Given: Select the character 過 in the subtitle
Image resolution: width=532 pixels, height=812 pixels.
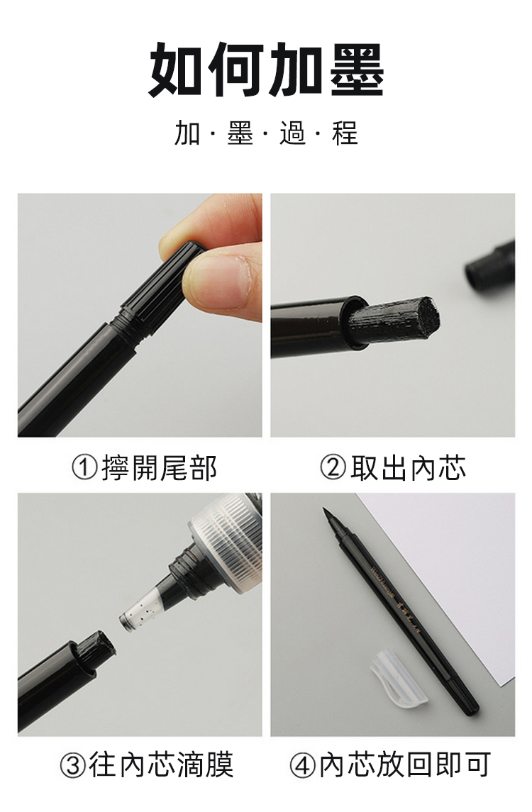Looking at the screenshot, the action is point(293,133).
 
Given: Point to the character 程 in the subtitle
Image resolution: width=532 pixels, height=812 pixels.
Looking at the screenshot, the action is point(345,133).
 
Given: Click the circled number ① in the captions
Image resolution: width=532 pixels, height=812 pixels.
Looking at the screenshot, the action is point(84,467).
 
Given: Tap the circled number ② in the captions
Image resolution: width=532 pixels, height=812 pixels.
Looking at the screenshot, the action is point(333,467).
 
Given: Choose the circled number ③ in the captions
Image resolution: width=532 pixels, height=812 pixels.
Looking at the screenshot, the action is point(72,765).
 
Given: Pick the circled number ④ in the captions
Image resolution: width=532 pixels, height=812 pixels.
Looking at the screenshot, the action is point(302,765).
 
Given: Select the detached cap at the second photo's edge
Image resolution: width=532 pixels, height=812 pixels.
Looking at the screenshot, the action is point(491,266).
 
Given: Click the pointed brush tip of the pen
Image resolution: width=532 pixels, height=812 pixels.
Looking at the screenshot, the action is point(331,523).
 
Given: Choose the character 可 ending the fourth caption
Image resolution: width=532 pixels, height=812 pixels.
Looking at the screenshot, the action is point(477,765).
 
